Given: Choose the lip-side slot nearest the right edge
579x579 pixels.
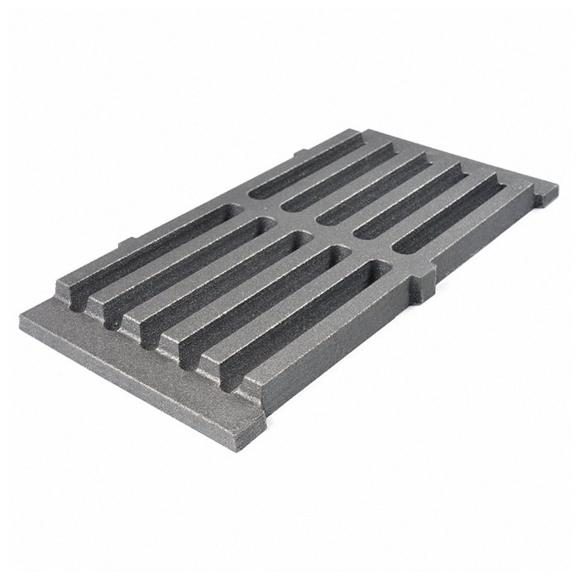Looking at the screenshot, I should click(x=314, y=318).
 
